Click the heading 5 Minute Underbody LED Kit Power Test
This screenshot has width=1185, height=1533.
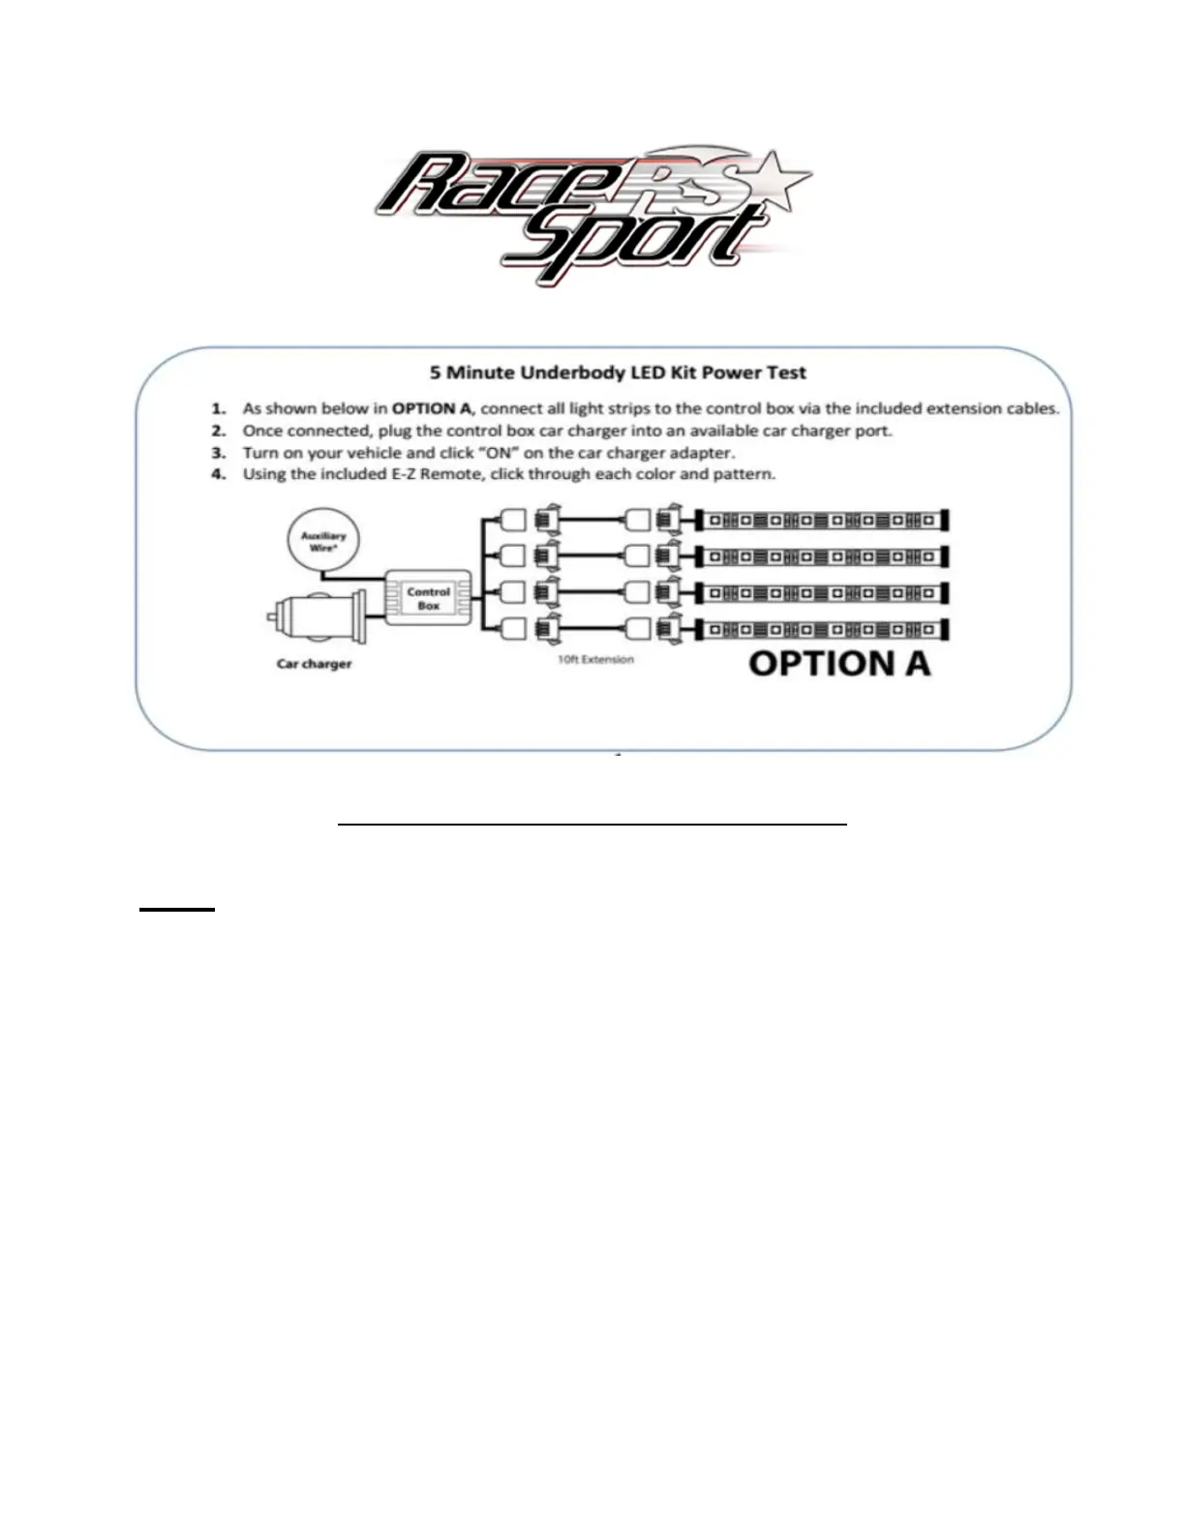click(618, 373)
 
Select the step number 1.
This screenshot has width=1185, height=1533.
click(219, 408)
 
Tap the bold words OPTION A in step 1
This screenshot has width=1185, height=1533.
click(431, 408)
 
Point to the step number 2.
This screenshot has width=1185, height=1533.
click(219, 431)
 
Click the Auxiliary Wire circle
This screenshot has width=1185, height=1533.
click(323, 541)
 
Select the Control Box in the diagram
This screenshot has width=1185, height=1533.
click(428, 598)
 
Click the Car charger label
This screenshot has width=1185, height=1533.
click(314, 664)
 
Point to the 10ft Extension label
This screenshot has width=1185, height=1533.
click(595, 660)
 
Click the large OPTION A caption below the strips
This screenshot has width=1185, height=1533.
click(839, 664)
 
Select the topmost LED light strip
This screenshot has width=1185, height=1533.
click(823, 521)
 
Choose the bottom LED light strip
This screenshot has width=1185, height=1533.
click(823, 630)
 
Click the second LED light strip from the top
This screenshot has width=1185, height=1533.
click(823, 557)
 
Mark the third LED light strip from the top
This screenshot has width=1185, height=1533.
click(823, 593)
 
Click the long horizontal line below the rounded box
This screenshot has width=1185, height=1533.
click(592, 825)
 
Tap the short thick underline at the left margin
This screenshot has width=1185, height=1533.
click(176, 910)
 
